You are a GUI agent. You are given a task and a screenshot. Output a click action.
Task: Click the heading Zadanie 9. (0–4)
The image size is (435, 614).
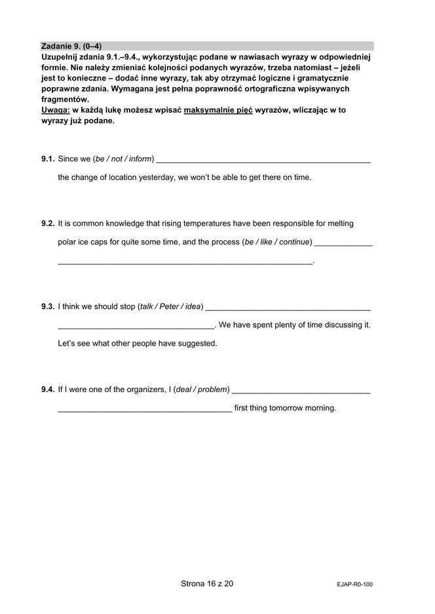coord(71,46)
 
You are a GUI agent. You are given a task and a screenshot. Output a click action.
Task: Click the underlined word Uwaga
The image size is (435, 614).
coord(55,110)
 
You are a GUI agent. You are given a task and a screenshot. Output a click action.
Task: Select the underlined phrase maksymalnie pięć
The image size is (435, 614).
coord(218,110)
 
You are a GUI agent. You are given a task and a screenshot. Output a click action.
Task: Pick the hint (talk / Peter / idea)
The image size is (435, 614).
coord(170,306)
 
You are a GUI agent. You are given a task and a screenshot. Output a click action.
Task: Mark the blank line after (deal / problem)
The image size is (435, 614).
coord(301,391)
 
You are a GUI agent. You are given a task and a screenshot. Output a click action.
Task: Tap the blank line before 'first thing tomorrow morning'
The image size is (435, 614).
coord(145,410)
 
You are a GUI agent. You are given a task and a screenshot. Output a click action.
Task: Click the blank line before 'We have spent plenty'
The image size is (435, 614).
coord(136,327)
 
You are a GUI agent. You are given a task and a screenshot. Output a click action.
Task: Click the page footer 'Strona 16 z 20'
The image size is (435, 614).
coord(206,584)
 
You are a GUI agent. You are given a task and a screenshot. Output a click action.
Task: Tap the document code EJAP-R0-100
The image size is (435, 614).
coord(354,585)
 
